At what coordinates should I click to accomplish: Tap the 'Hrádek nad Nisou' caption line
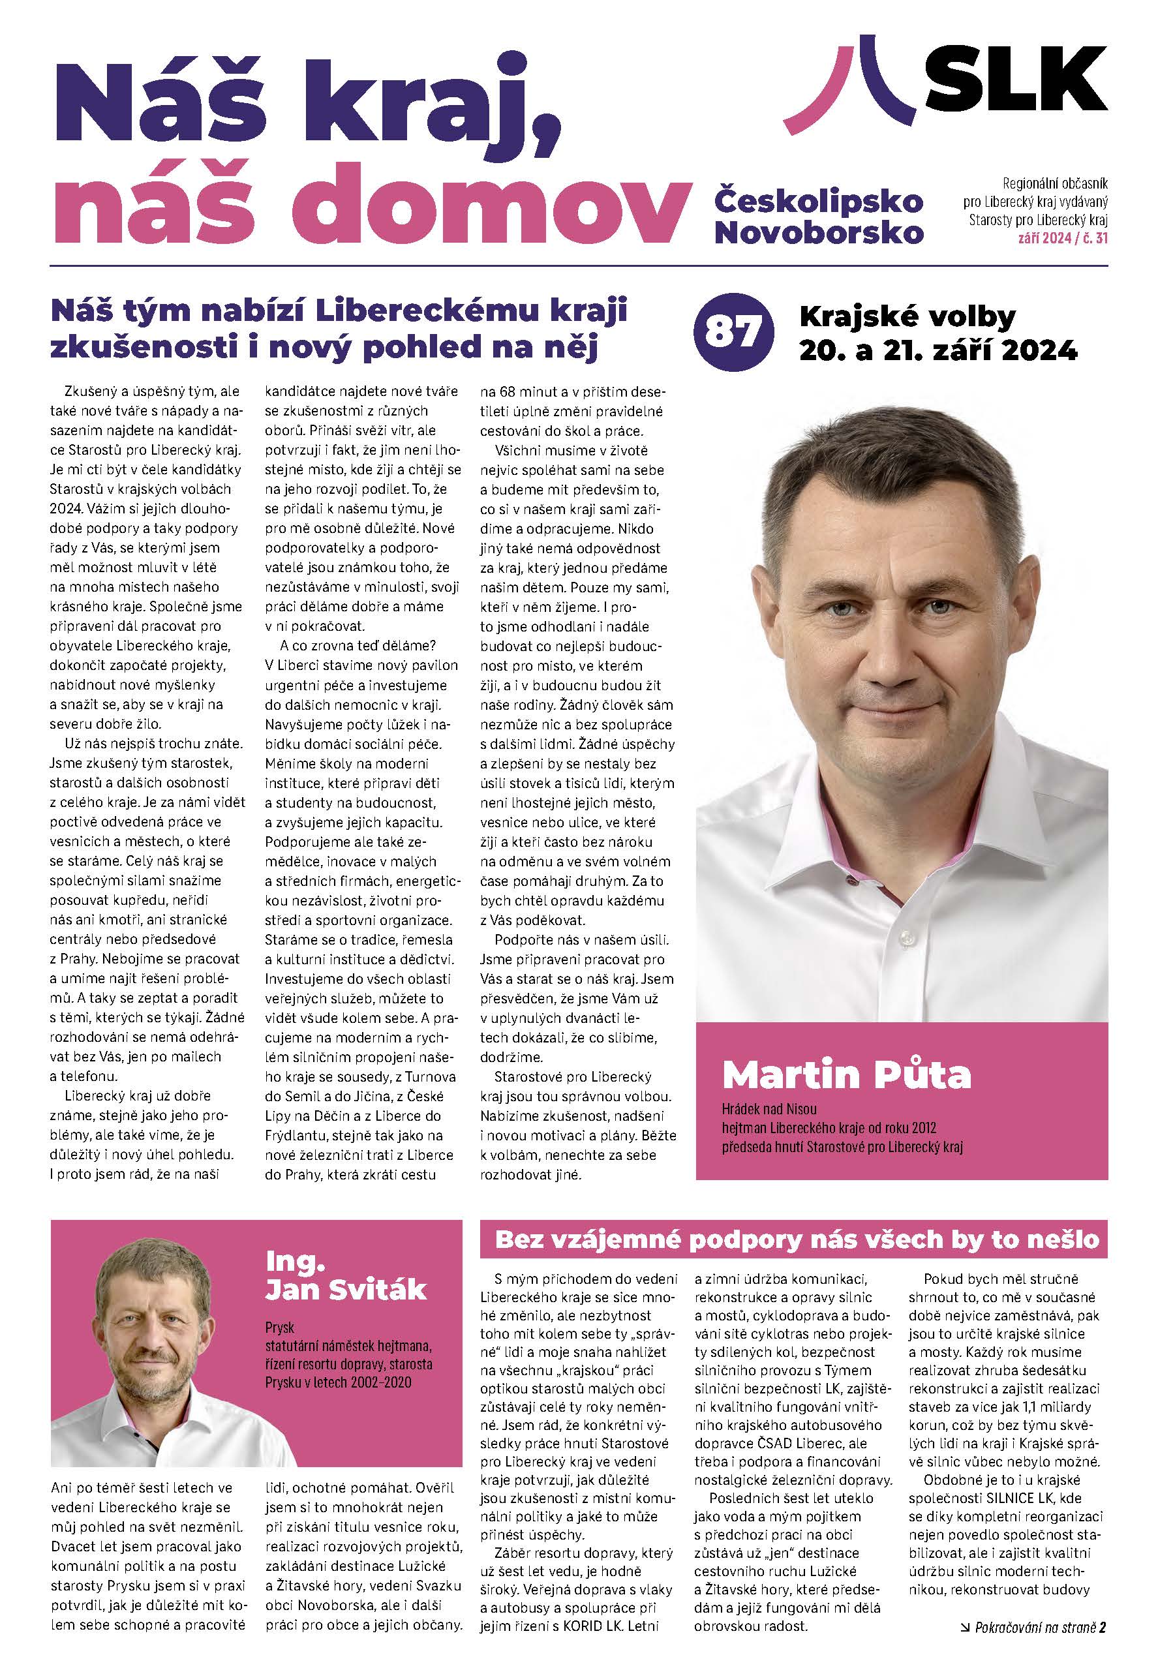tap(769, 1109)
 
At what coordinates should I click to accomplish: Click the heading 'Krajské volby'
tap(907, 317)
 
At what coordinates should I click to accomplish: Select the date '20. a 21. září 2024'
tap(937, 351)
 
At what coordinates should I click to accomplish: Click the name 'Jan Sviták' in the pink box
tap(346, 1289)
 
